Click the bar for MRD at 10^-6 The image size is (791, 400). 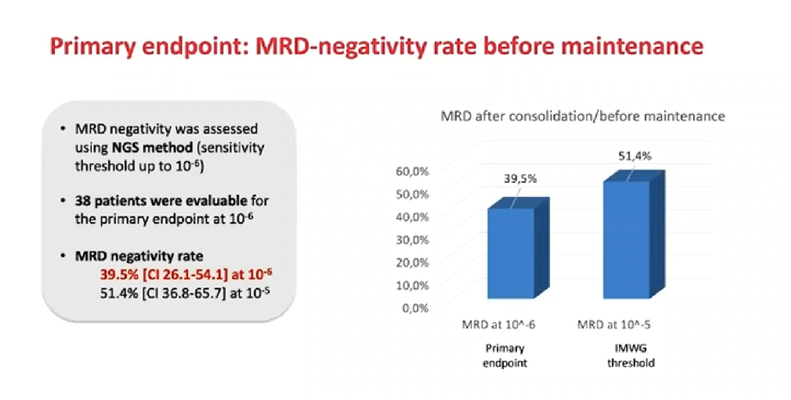[511, 253]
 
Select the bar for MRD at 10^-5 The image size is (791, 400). [626, 239]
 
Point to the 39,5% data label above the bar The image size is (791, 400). [520, 179]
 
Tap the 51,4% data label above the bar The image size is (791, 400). [635, 156]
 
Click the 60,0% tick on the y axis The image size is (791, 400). [412, 172]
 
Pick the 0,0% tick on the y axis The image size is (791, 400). [415, 309]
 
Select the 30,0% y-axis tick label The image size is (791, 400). [412, 240]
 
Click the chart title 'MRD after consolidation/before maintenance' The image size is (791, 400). [583, 116]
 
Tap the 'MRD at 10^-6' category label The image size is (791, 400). [498, 325]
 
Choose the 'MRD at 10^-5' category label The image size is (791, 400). [614, 325]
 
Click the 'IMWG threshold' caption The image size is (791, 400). [631, 356]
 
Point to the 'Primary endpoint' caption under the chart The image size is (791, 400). [505, 356]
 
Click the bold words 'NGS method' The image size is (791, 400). [152, 148]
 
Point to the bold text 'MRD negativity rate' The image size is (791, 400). [139, 256]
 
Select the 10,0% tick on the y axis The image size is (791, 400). [412, 286]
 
